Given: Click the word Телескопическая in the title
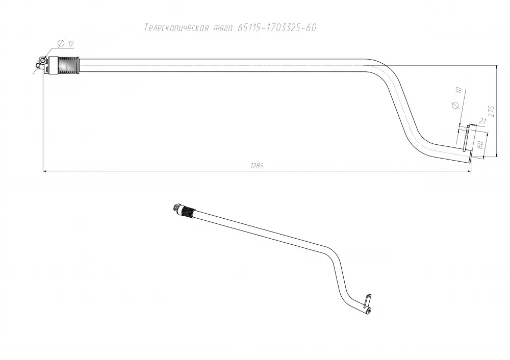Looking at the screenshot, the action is click(x=176, y=28).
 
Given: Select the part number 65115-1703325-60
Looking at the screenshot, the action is click(x=277, y=28).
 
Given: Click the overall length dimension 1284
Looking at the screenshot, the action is click(x=257, y=166).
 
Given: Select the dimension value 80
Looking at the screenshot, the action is click(x=479, y=145).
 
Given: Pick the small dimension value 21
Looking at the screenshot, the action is click(x=482, y=122).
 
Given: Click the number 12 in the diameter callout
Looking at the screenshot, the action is click(x=71, y=44).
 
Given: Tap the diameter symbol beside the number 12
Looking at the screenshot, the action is click(x=61, y=43).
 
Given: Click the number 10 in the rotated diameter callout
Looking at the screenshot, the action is click(x=458, y=90).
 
